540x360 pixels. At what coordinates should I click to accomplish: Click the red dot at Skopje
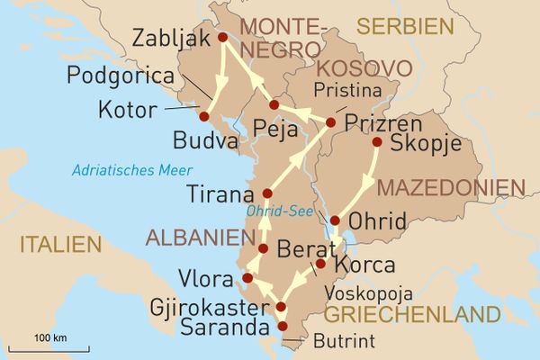click(377, 142)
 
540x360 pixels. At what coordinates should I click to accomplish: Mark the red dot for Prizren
click(331, 122)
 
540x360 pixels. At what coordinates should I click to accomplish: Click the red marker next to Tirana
click(266, 193)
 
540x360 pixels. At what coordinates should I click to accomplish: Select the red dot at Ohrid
click(335, 220)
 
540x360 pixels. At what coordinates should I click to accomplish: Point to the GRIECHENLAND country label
click(411, 315)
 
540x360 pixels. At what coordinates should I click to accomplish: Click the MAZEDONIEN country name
click(450, 188)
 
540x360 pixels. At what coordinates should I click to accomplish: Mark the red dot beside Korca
click(319, 265)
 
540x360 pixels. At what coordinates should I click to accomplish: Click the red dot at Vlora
click(247, 277)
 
